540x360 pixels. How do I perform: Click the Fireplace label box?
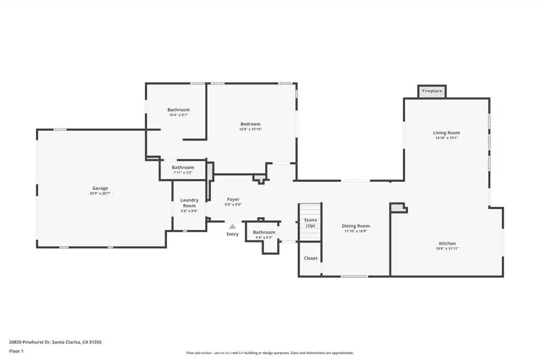(x=432, y=91)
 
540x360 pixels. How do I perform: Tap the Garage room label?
(x=100, y=188)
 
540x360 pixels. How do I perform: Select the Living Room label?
(x=446, y=132)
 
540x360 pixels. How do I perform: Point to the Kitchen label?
(x=447, y=244)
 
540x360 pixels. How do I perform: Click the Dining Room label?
(x=356, y=226)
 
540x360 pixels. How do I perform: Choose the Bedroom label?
(x=250, y=124)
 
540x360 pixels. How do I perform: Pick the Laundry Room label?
(x=189, y=203)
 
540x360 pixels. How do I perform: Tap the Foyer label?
(x=233, y=199)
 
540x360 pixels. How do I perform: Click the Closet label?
(x=311, y=258)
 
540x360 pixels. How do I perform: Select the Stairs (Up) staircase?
(x=310, y=222)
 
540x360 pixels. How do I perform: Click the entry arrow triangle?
(x=233, y=227)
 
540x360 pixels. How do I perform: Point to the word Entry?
(x=233, y=234)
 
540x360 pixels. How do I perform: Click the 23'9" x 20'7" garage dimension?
(x=100, y=193)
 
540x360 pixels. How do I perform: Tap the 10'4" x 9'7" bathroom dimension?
(x=178, y=115)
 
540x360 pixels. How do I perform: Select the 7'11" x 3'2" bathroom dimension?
(x=183, y=172)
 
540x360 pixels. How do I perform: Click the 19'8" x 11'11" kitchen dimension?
(x=447, y=248)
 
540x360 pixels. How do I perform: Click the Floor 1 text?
(x=16, y=352)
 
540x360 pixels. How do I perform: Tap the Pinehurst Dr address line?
(x=55, y=342)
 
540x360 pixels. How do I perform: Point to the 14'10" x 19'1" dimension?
(x=446, y=138)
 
